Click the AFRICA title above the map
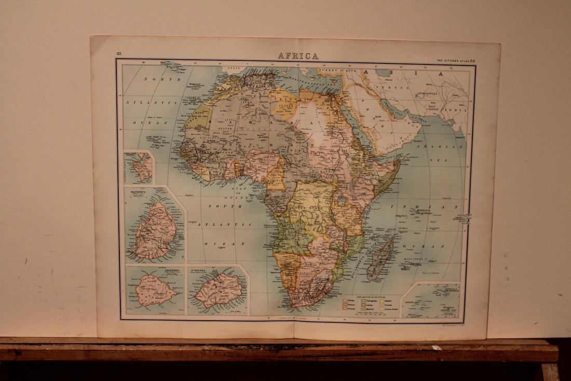pyautogui.click(x=298, y=56)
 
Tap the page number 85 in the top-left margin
pyautogui.click(x=119, y=54)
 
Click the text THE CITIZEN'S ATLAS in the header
pyautogui.click(x=453, y=61)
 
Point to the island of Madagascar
pyautogui.click(x=380, y=259)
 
